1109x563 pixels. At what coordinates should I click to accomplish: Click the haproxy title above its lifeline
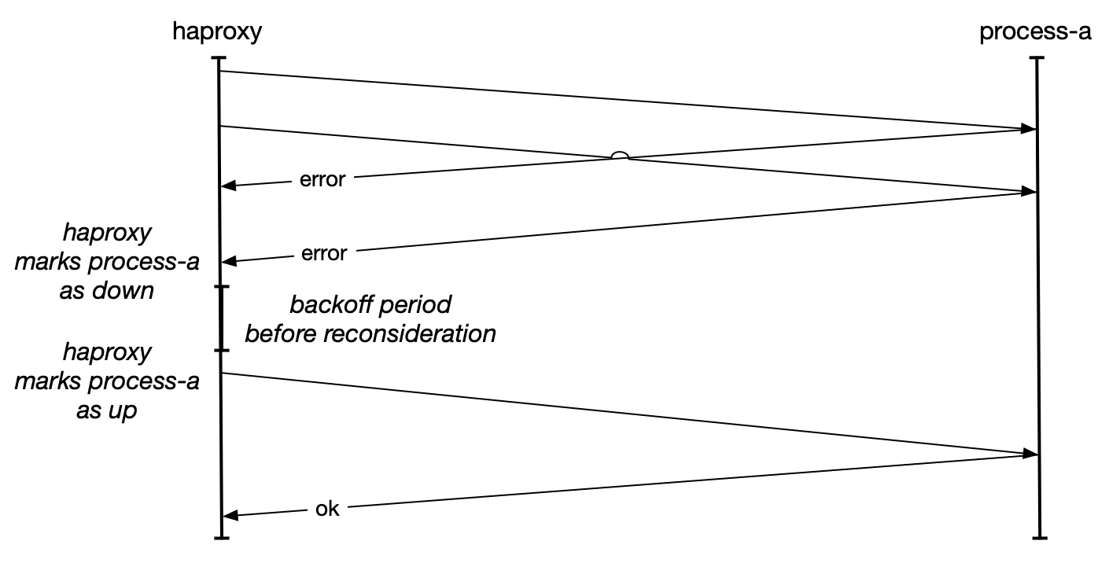click(217, 33)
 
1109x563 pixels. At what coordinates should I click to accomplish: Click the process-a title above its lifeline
click(1035, 33)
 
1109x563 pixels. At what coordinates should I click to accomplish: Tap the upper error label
click(322, 179)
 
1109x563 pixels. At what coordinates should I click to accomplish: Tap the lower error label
click(323, 254)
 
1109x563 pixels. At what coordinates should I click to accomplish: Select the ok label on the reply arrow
click(326, 510)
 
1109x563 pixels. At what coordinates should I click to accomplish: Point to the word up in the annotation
click(122, 410)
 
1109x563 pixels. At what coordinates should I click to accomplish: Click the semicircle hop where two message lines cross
click(620, 156)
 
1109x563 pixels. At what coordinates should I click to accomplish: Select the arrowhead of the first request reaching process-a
click(1029, 129)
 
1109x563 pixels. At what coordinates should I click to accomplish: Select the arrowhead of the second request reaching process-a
click(1029, 192)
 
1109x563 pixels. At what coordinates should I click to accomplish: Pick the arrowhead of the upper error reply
click(229, 186)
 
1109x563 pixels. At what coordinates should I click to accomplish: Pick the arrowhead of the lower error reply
click(229, 261)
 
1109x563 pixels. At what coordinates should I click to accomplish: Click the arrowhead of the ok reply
click(229, 515)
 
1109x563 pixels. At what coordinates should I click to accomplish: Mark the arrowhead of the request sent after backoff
click(1029, 454)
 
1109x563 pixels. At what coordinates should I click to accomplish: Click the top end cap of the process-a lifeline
click(1038, 59)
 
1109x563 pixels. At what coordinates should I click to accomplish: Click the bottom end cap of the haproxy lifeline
click(222, 538)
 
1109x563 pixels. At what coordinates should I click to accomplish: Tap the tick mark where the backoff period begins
click(222, 288)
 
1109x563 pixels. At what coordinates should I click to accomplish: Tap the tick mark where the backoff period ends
click(222, 350)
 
